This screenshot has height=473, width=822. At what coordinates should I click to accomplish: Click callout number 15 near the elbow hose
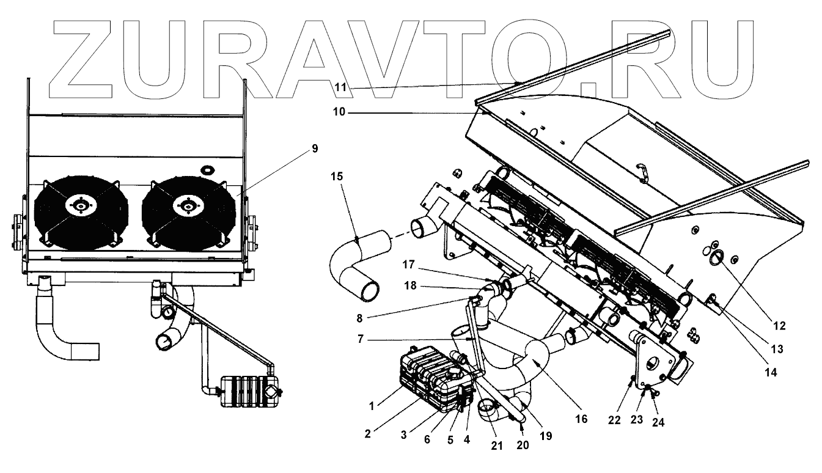pyautogui.click(x=337, y=176)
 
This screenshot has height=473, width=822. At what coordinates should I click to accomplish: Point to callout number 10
pyautogui.click(x=339, y=112)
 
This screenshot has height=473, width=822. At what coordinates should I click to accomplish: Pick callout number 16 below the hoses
pyautogui.click(x=581, y=419)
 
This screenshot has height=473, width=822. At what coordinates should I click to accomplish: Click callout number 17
pyautogui.click(x=409, y=265)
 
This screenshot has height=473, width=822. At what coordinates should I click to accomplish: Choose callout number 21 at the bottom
pyautogui.click(x=496, y=446)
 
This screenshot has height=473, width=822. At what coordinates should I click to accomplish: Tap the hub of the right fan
pyautogui.click(x=185, y=207)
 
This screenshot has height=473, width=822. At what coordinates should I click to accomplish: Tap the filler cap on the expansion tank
pyautogui.click(x=455, y=372)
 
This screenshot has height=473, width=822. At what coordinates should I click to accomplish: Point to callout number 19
pyautogui.click(x=546, y=436)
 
